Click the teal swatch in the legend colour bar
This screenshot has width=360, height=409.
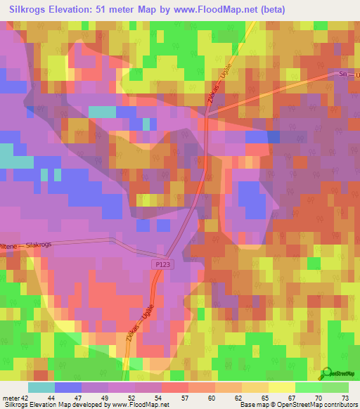point(41,387)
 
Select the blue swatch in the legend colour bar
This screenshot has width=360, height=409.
point(68,387)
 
